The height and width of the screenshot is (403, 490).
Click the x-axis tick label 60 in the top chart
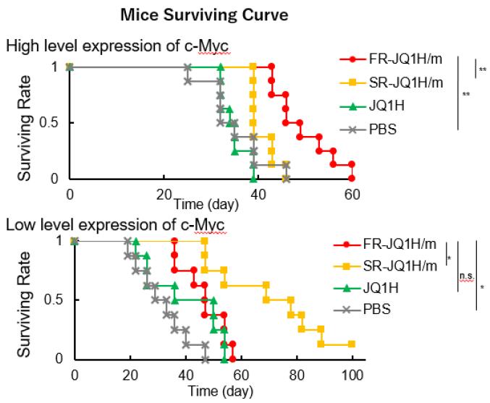pyautogui.click(x=352, y=193)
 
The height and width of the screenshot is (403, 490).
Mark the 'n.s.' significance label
pyautogui.click(x=467, y=276)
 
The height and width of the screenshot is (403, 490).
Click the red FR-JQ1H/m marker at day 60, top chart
pyautogui.click(x=352, y=178)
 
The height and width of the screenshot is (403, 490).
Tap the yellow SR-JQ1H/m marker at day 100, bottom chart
pyautogui.click(x=352, y=344)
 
